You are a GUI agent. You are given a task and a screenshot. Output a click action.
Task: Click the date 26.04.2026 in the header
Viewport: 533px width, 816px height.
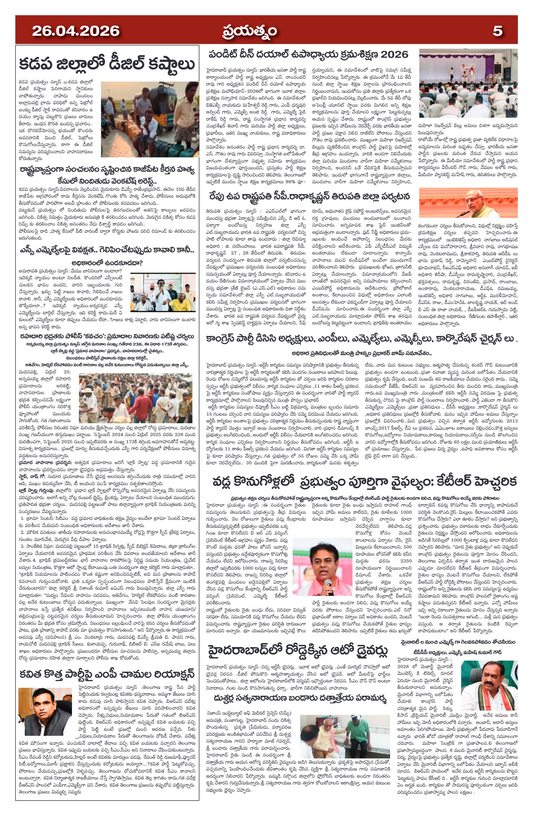[x=76, y=31]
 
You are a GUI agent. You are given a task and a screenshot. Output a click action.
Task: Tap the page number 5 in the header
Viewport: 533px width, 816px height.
[x=497, y=31]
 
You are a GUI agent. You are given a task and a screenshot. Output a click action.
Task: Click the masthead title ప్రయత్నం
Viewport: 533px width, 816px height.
[x=249, y=31]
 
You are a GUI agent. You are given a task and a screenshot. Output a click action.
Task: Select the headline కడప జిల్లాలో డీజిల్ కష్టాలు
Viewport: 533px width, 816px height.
[x=107, y=64]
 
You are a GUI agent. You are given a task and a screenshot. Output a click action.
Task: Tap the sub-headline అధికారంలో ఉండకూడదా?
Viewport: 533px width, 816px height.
[x=107, y=263]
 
